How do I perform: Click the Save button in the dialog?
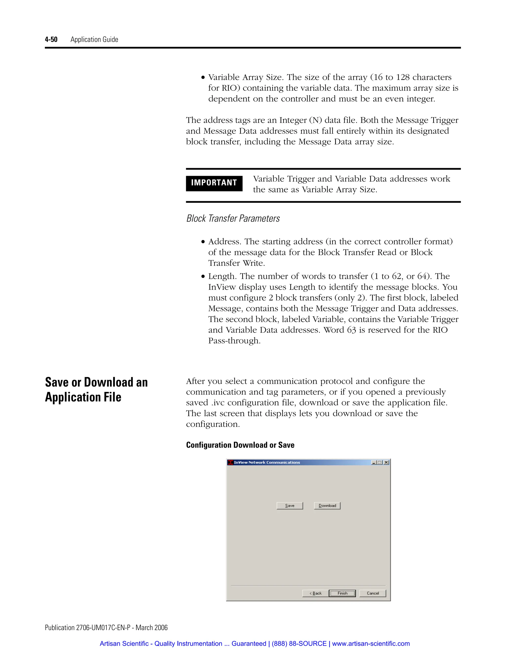[289, 505]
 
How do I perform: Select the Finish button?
[342, 593]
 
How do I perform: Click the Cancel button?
[373, 593]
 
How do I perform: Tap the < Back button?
[315, 593]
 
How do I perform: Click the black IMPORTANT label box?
[214, 183]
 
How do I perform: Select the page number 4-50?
[51, 39]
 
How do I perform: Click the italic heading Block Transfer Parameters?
[233, 218]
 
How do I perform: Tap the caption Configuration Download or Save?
[240, 445]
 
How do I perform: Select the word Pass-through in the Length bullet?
[234, 341]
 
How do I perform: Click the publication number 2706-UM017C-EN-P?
[103, 628]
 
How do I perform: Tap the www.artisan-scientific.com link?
[371, 644]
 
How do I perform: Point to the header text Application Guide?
[94, 39]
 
